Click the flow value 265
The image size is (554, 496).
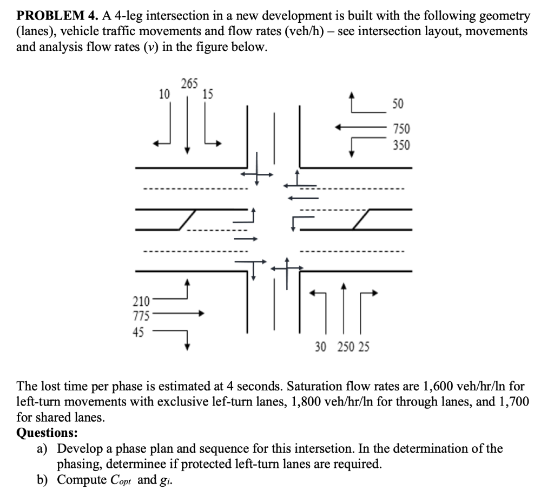point(189,83)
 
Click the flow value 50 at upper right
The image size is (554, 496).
point(398,103)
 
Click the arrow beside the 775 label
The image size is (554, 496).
point(179,313)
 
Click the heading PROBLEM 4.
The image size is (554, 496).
point(50,17)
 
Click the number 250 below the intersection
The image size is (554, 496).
point(344,347)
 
